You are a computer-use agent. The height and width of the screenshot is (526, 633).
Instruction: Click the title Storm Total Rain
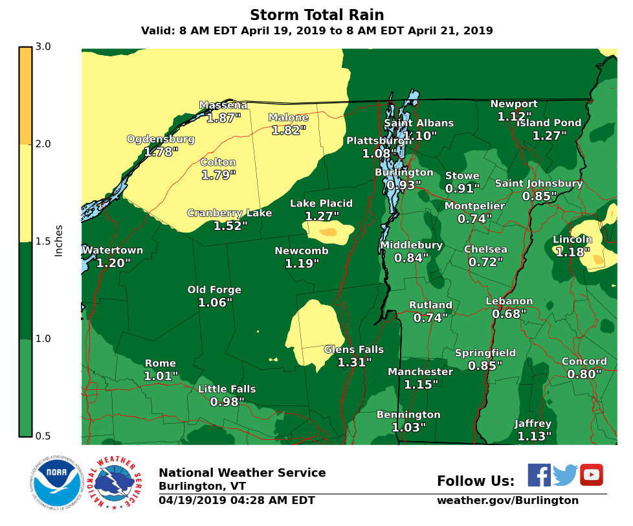tap(316, 15)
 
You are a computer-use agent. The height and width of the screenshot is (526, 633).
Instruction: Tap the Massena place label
tap(223, 105)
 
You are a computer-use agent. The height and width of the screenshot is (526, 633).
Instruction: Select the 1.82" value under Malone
tap(288, 130)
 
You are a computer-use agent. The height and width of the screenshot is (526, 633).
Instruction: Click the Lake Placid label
tap(321, 203)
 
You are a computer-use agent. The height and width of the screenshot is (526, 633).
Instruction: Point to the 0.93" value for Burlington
tap(403, 185)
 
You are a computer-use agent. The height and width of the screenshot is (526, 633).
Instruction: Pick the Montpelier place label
tap(474, 206)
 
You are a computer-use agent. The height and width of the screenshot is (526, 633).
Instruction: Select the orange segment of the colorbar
tap(25, 95)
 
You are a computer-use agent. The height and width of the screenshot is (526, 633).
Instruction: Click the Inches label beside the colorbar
tap(59, 241)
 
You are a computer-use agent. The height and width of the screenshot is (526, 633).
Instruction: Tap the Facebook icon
tap(539, 475)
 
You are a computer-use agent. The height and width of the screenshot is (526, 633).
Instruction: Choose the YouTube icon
tap(591, 475)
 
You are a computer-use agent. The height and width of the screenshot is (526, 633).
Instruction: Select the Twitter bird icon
tap(564, 475)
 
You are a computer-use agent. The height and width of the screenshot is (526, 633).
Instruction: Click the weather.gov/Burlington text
tap(507, 500)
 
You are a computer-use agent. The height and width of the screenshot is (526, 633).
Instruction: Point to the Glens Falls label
tap(353, 350)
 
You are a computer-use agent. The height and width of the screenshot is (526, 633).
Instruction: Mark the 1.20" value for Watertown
tap(113, 263)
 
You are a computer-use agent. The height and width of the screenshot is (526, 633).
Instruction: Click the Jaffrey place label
tap(533, 424)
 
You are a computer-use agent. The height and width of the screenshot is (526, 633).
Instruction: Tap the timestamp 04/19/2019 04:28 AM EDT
tap(236, 500)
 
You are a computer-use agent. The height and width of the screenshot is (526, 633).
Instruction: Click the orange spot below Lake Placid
tap(328, 231)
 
